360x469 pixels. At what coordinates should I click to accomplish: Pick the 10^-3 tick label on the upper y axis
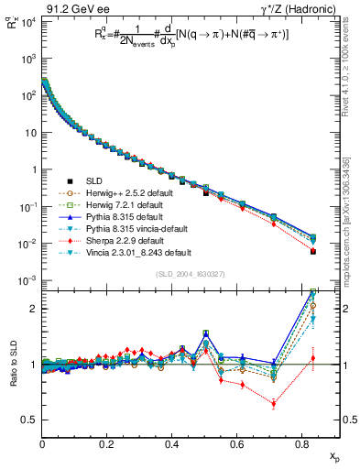(x=26, y=280)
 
